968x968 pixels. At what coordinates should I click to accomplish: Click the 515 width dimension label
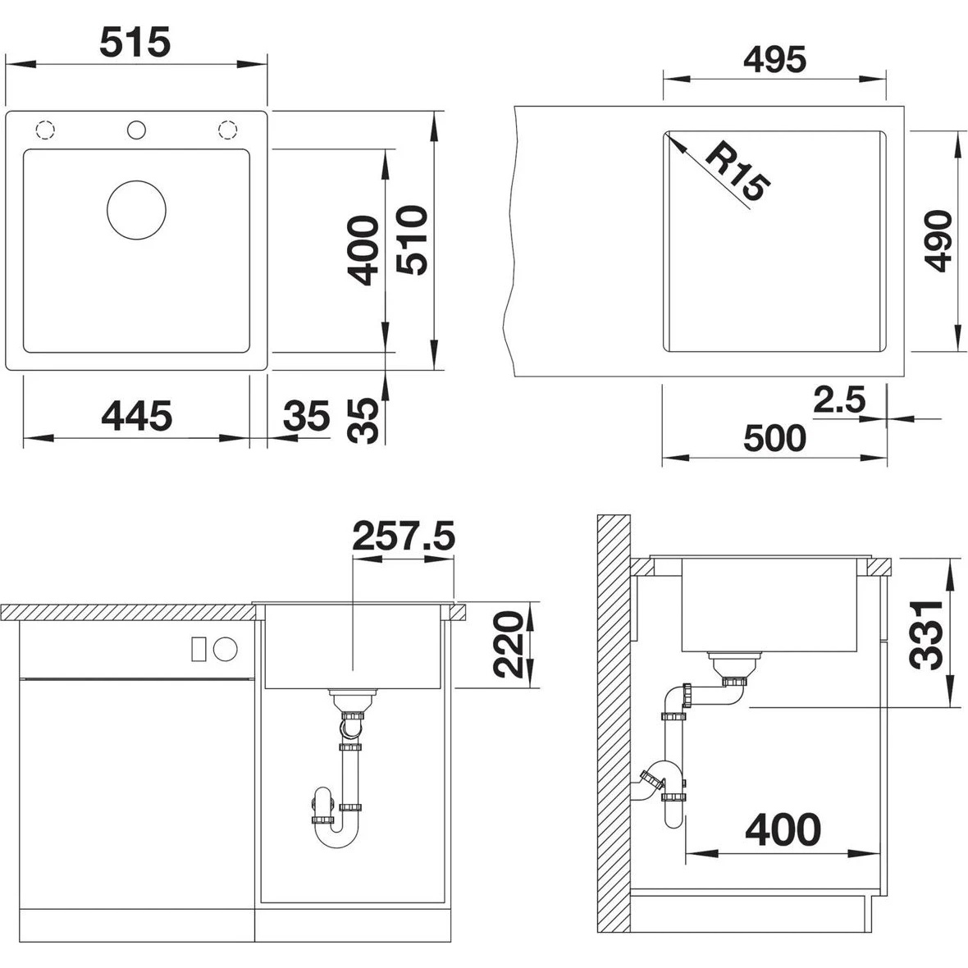click(135, 43)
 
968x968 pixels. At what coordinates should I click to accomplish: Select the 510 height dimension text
click(412, 240)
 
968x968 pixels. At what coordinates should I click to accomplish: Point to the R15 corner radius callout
click(737, 171)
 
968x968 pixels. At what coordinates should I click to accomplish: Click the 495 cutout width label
click(774, 59)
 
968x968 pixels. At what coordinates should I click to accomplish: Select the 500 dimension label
click(774, 438)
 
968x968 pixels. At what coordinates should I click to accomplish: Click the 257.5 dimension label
click(403, 535)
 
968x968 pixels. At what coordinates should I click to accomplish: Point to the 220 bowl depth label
click(509, 644)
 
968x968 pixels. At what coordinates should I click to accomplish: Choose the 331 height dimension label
click(926, 634)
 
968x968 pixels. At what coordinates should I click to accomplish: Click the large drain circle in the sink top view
click(136, 210)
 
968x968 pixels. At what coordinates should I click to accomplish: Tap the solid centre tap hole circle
click(136, 130)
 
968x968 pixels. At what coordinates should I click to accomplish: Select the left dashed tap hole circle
click(46, 130)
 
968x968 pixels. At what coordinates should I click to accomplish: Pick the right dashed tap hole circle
click(228, 130)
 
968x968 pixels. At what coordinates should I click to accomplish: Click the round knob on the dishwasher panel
click(226, 649)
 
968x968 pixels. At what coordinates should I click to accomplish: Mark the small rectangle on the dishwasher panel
click(199, 649)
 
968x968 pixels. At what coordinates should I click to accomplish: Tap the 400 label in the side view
click(783, 829)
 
